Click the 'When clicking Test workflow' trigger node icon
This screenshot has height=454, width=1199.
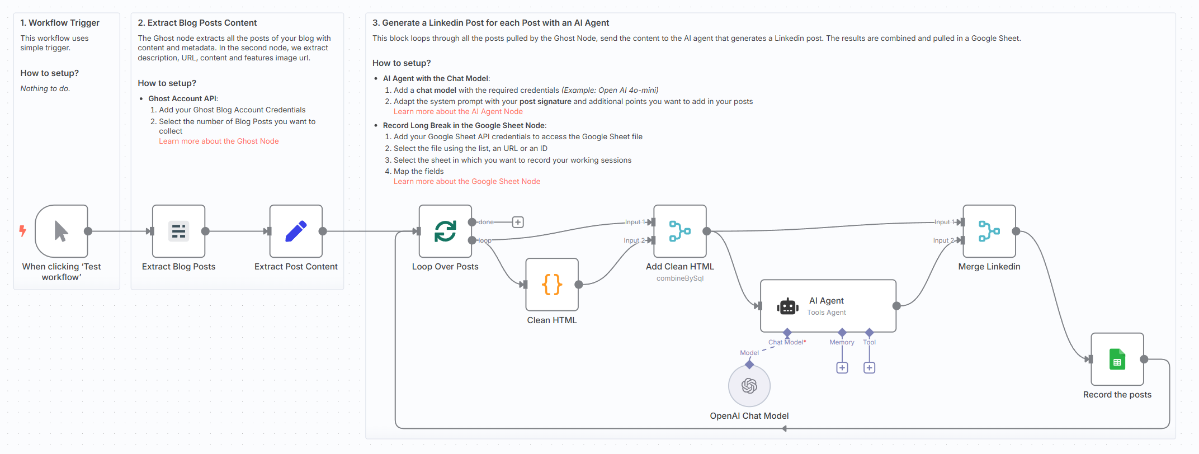pos(62,231)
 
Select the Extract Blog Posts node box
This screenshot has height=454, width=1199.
pos(179,231)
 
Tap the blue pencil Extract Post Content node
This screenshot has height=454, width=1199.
pos(296,231)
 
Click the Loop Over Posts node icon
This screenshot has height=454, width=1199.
pos(446,231)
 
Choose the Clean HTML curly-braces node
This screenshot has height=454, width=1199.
pos(552,285)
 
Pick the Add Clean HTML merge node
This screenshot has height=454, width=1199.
pos(680,231)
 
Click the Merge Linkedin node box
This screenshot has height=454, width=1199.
pos(989,231)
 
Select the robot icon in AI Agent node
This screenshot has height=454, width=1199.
pos(787,306)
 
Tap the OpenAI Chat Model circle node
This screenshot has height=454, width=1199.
pos(749,386)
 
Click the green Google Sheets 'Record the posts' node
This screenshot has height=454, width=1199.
pos(1117,360)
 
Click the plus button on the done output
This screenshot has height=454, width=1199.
pos(518,223)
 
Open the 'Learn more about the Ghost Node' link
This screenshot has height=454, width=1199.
pos(219,141)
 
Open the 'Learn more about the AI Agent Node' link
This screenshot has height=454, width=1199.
pos(458,112)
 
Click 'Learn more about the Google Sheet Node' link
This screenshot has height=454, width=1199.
pos(467,182)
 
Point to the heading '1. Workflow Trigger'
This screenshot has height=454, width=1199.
pos(60,23)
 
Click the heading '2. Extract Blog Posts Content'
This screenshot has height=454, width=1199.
pos(197,23)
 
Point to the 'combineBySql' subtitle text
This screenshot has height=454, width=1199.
pos(680,278)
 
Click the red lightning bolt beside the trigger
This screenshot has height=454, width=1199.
pos(23,231)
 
